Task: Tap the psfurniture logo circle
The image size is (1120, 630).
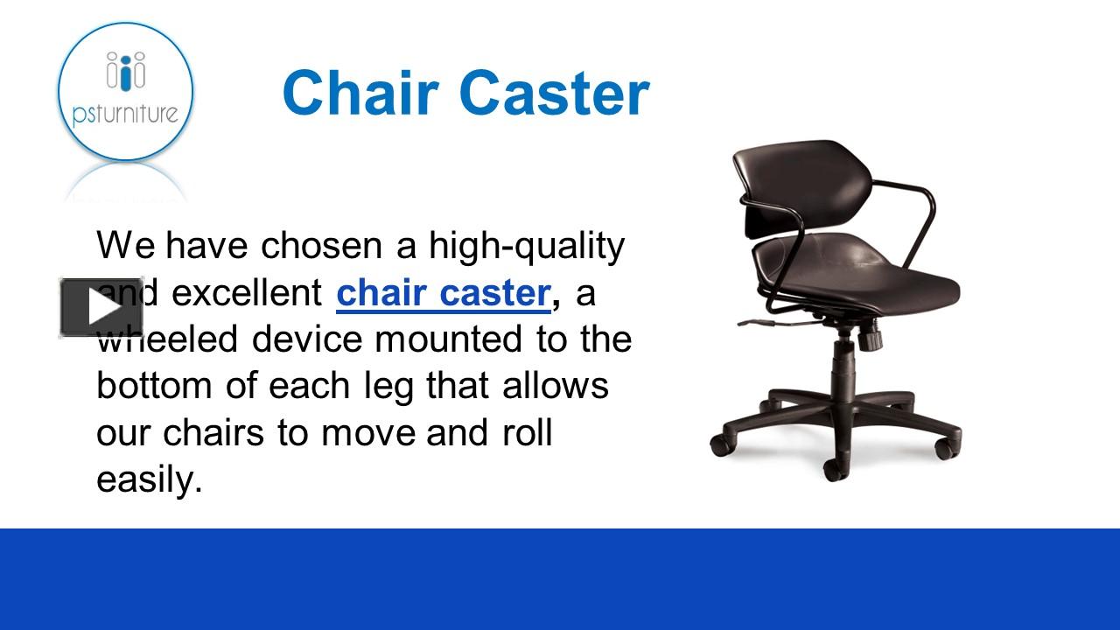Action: (125, 92)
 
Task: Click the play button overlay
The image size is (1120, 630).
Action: (101, 307)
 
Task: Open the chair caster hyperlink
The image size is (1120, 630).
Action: (443, 293)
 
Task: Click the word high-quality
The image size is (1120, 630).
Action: (527, 246)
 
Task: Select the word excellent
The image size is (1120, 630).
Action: (248, 293)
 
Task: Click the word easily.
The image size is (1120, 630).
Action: (149, 479)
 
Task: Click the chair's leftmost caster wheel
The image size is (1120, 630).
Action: (721, 444)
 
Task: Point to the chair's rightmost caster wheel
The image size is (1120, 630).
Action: (944, 448)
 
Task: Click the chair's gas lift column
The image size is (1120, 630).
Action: (844, 363)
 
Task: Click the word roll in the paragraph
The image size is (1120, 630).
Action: (528, 433)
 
